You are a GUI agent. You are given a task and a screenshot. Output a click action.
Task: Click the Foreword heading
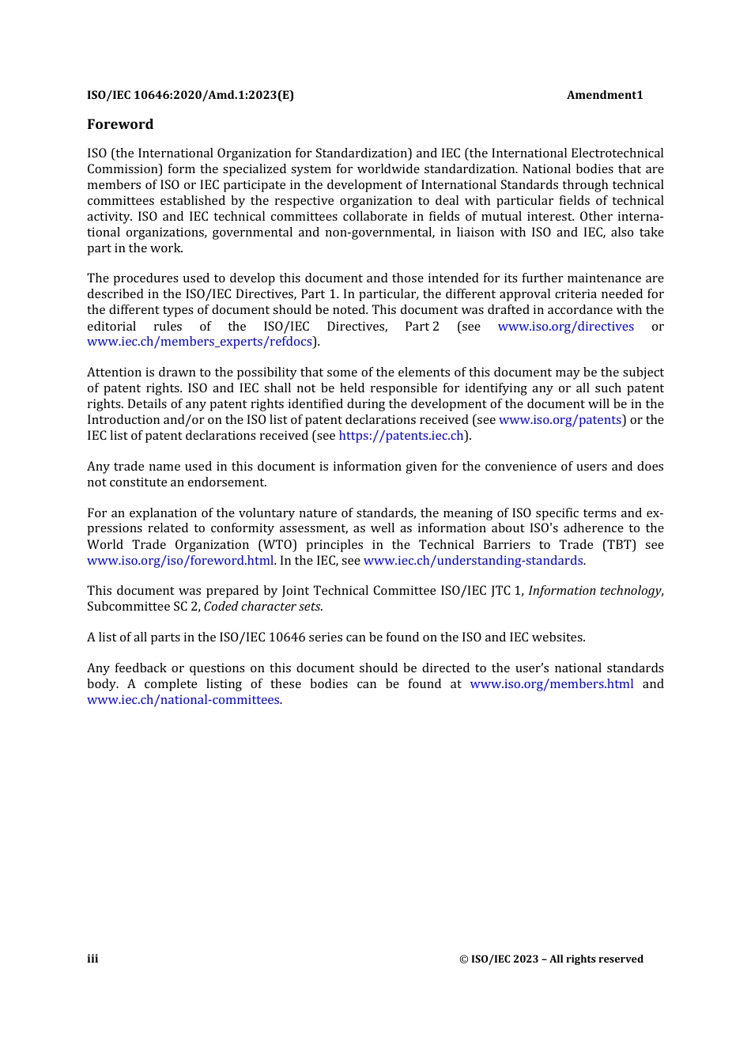point(120,124)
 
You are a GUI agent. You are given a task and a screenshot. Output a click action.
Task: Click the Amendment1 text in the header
point(605,95)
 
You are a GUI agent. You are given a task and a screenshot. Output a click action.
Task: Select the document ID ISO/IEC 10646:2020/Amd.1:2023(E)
point(191,95)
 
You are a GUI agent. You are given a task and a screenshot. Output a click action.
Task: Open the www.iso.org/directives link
point(565,326)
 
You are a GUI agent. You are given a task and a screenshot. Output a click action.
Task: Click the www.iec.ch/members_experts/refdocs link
point(199,342)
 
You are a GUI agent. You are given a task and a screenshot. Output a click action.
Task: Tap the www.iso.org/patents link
point(560,420)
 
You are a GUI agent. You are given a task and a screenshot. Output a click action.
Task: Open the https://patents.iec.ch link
point(401,436)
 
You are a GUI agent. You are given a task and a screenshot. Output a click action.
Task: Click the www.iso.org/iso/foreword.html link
point(180,561)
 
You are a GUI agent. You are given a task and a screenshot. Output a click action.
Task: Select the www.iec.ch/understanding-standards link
point(473,561)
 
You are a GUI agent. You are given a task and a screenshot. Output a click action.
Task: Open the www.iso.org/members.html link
point(551,684)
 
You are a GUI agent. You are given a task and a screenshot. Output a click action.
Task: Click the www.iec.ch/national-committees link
point(183,700)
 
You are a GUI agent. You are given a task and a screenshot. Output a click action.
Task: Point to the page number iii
point(92,959)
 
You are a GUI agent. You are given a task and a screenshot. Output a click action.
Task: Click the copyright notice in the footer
point(551,959)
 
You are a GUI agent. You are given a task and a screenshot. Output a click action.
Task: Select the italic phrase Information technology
point(594,591)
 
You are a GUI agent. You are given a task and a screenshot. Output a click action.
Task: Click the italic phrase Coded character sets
point(262,607)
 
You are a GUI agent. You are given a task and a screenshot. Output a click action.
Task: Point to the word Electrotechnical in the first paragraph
point(617,153)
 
